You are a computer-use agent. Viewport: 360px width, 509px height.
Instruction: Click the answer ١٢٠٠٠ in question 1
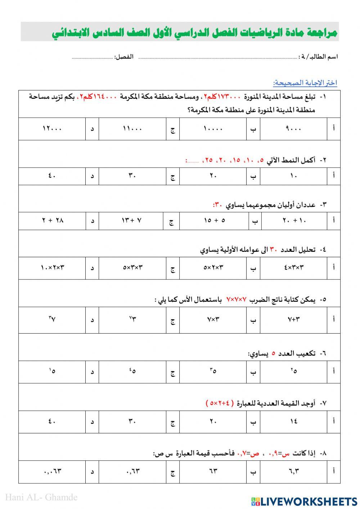coord(52,129)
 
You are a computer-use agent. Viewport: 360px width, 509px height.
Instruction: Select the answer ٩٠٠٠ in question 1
coord(293,129)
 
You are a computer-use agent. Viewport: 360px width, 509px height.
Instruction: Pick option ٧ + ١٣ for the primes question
coord(131,220)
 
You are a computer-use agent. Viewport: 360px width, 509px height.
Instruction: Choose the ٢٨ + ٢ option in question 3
coord(53,220)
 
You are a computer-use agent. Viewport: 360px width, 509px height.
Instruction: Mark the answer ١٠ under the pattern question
coord(293,176)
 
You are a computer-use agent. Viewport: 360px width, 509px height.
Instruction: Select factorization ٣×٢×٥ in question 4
coord(213,268)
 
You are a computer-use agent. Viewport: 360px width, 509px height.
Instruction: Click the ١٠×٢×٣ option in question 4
coord(53,268)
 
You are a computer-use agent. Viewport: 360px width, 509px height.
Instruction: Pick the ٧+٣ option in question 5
coord(293,320)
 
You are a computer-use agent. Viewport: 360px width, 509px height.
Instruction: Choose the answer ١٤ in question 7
coord(293,421)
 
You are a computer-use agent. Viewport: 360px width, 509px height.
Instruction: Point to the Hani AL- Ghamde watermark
coord(41,497)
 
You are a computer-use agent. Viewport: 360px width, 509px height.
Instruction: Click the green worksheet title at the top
coord(194,32)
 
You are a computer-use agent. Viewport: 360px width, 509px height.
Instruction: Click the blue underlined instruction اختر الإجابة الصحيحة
coord(305,83)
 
